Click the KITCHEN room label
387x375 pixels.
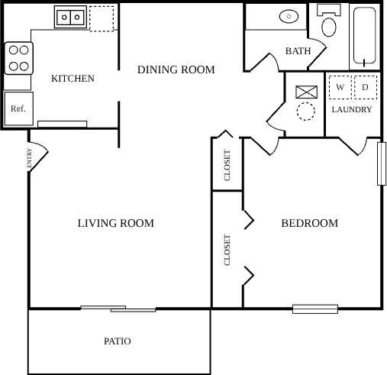tap(73, 79)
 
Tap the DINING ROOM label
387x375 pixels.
tap(176, 70)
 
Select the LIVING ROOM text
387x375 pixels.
tap(116, 224)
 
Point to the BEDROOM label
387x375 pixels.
tap(309, 224)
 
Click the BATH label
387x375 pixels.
tap(297, 51)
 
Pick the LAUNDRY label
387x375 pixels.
tap(352, 110)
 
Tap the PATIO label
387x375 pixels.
tap(118, 341)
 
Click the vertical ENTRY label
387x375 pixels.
tap(30, 158)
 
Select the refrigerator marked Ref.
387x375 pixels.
tap(18, 108)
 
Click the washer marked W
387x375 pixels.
tap(340, 88)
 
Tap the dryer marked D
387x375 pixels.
tap(365, 88)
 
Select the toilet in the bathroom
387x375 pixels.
tap(329, 23)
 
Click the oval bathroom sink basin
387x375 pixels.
tap(289, 15)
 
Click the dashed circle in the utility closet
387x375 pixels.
tap(306, 112)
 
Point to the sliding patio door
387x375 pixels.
tap(118, 309)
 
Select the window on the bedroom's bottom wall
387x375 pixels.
tap(314, 309)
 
